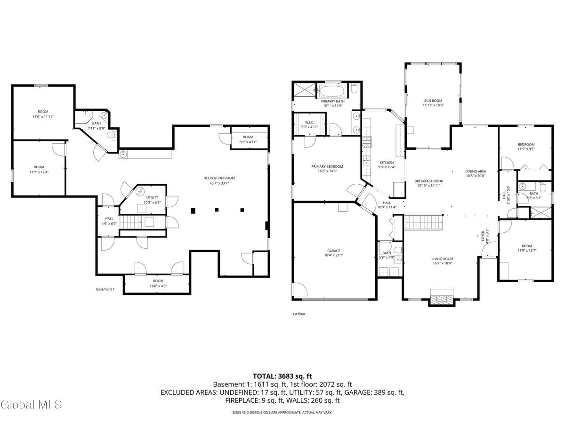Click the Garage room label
pos(334,251)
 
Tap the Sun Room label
pos(433,100)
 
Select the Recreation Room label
pos(219,178)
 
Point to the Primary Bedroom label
pos(327,166)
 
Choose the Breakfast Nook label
pos(427,181)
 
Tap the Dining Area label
pos(476,171)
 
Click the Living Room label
pos(442,259)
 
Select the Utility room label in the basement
pos(152,197)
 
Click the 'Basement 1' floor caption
pos(105,289)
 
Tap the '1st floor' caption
pos(299,313)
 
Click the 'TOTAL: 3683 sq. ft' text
pos(282,376)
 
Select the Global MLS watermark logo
pos(32,404)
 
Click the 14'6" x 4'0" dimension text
pos(158,286)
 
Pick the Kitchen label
pos(386,163)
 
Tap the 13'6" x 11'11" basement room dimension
pos(43,116)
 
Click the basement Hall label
pos(109,218)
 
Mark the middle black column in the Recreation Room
pos(217,210)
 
